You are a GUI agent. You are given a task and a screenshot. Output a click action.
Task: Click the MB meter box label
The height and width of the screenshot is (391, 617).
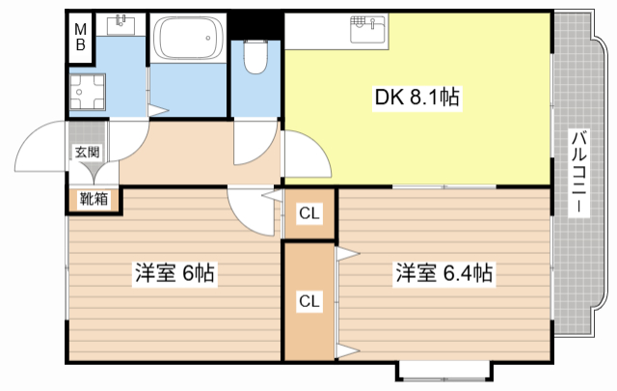coord(81,36)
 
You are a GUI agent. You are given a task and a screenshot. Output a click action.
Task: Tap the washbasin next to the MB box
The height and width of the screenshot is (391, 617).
coord(121,23)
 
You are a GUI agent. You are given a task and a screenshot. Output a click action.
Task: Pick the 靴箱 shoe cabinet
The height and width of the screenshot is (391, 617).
coord(94,199)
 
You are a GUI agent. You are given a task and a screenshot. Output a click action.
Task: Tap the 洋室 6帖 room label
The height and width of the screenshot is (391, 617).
coord(174,274)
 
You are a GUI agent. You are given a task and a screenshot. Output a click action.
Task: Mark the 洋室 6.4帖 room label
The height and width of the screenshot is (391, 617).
coord(443,274)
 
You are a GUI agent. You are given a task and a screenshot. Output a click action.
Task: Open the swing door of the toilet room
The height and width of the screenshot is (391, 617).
coord(251,143)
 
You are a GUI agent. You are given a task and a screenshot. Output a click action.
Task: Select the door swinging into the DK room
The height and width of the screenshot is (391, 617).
coord(301,154)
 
